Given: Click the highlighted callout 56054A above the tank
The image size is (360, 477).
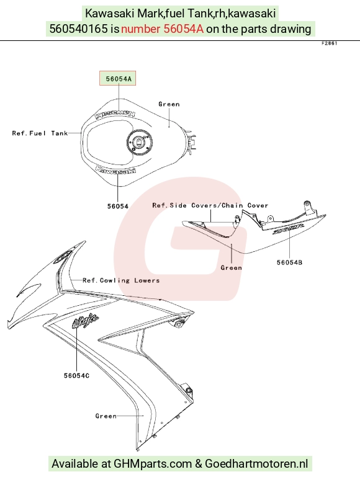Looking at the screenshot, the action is [x=118, y=79].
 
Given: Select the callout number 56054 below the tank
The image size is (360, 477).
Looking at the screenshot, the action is [x=118, y=207].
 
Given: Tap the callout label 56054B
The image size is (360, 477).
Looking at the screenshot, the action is [x=289, y=262].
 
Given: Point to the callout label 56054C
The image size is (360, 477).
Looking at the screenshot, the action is [x=77, y=376].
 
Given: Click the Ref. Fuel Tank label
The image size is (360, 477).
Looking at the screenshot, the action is [x=40, y=133].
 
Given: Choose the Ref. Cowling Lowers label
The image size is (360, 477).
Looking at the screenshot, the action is [x=121, y=280].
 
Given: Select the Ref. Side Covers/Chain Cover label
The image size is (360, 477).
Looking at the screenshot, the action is [x=210, y=205].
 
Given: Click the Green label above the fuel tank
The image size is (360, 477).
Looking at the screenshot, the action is [x=169, y=104].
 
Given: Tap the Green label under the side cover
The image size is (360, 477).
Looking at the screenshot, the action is [x=232, y=268].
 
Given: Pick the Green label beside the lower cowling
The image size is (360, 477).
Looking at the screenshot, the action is [x=106, y=416].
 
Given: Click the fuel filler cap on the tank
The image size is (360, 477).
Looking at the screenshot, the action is [x=140, y=142].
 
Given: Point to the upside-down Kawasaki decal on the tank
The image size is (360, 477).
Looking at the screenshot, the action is [x=115, y=114].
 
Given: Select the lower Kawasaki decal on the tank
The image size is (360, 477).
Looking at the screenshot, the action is [x=115, y=171].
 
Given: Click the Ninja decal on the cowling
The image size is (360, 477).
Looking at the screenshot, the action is [x=85, y=321].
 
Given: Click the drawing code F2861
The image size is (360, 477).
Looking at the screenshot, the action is [x=329, y=43].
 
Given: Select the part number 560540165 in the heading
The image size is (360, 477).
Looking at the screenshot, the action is [x=78, y=29].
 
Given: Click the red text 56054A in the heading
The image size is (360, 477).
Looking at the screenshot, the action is [x=184, y=29].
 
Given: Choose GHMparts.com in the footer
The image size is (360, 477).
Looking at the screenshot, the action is [x=153, y=463].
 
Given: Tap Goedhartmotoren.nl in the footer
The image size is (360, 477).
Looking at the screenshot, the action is [x=256, y=463].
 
